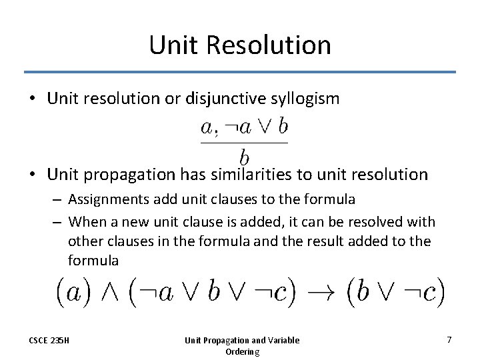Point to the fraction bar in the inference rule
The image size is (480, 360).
[x=244, y=142]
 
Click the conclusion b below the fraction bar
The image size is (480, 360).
[x=244, y=157]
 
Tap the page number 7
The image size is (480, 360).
[x=449, y=340]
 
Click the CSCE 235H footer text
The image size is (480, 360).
[x=49, y=341]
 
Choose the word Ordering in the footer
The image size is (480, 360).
[x=242, y=351]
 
